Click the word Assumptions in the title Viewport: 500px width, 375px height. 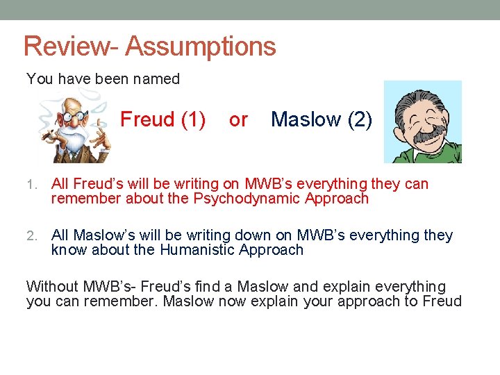(201, 47)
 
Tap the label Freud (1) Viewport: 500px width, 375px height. (162, 119)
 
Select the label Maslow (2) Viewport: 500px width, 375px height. (322, 119)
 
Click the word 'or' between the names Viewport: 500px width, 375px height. (238, 120)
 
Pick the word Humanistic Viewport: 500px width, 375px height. (201, 250)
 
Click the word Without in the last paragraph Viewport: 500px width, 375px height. (52, 287)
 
